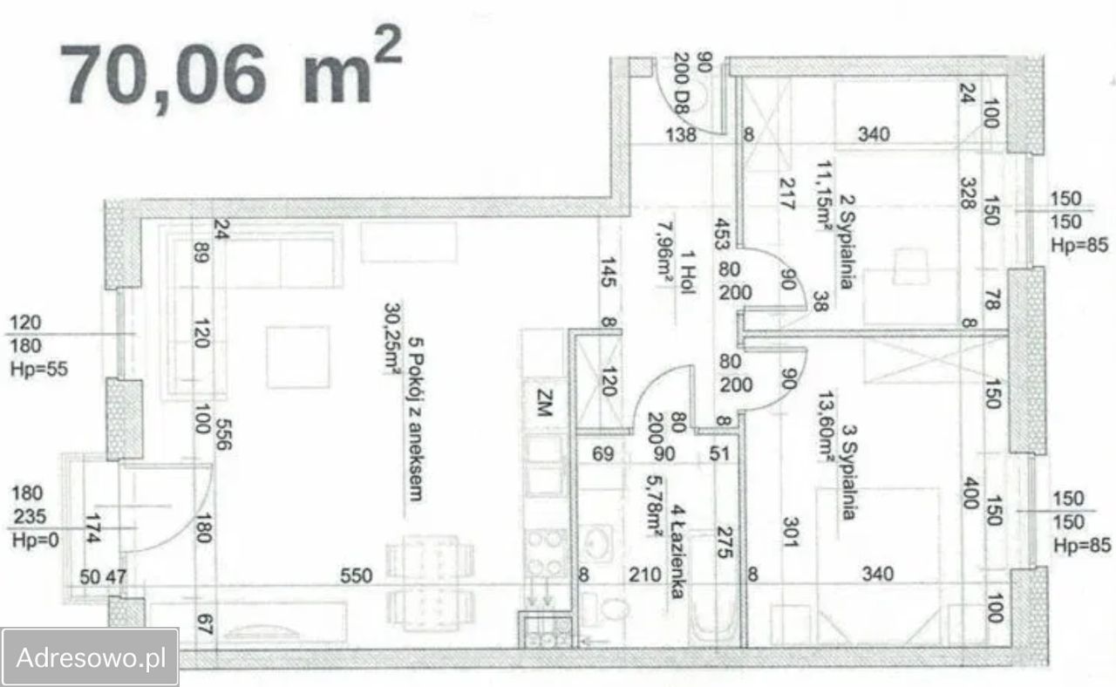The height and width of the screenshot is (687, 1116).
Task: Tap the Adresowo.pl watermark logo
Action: click(91, 657)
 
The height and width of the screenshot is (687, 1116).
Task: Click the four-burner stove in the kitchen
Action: click(546, 551)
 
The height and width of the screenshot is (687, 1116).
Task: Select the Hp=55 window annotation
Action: click(38, 369)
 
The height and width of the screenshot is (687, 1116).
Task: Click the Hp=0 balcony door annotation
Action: click(35, 540)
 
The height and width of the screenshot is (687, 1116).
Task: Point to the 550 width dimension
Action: click(357, 575)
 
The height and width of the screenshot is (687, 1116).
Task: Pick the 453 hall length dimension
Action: click(721, 234)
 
